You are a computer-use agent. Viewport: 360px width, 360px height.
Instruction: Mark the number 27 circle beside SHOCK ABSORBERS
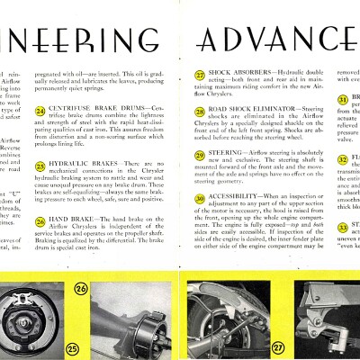[x=200, y=76]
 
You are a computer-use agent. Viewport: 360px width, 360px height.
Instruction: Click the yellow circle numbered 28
[x=200, y=107]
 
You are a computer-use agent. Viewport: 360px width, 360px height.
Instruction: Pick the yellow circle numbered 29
[x=200, y=156]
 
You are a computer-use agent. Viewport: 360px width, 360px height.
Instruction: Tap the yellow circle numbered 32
[x=344, y=160]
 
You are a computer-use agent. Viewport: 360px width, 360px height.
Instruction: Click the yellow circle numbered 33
[x=344, y=222]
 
